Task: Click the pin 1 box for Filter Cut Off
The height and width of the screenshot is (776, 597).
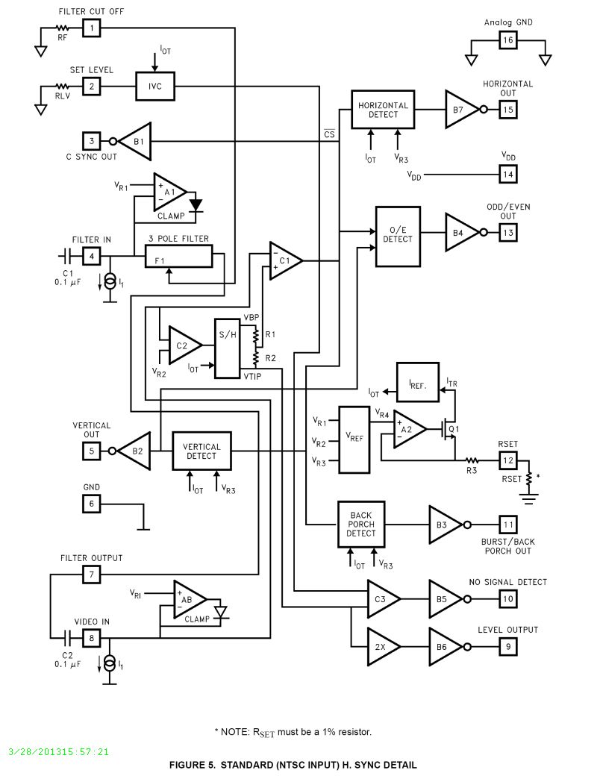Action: pyautogui.click(x=91, y=28)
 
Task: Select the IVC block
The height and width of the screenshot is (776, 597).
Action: pyautogui.click(x=154, y=87)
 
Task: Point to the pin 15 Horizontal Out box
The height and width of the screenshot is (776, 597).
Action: pyautogui.click(x=508, y=110)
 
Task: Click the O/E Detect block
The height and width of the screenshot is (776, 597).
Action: pyautogui.click(x=397, y=236)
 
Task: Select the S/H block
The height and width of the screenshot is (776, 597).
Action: pyautogui.click(x=228, y=348)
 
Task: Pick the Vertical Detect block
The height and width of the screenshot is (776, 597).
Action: pyautogui.click(x=201, y=451)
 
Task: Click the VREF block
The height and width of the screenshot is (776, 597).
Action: pyautogui.click(x=354, y=439)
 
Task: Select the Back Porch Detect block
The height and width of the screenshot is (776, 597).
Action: pyautogui.click(x=361, y=524)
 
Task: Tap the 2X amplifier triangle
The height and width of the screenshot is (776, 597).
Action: pyautogui.click(x=383, y=648)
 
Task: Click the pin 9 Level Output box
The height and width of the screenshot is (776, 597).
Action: pyautogui.click(x=508, y=647)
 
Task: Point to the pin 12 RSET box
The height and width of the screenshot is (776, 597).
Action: pyautogui.click(x=508, y=461)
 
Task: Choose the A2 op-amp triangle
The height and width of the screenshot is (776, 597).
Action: pyautogui.click(x=409, y=429)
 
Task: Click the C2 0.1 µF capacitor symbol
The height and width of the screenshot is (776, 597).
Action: pyautogui.click(x=68, y=639)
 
